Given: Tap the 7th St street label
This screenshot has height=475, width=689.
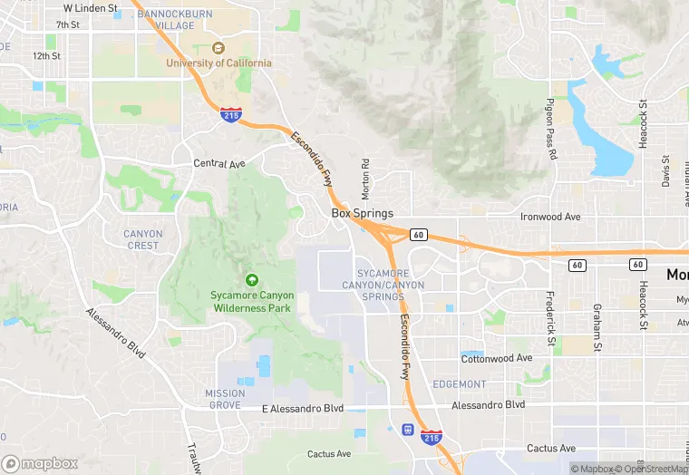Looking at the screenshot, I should [x=68, y=24].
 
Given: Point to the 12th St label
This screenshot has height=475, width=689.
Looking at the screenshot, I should [x=46, y=55].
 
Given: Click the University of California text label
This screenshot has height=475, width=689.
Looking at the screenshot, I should [x=218, y=63].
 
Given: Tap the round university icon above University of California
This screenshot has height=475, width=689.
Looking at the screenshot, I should [x=218, y=48].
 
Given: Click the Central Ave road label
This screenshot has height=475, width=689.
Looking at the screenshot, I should [x=219, y=164].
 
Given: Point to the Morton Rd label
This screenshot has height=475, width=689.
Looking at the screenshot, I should [x=366, y=179].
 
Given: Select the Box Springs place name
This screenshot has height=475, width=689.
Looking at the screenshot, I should [x=362, y=214].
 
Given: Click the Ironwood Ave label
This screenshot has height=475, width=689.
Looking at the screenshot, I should [x=549, y=218].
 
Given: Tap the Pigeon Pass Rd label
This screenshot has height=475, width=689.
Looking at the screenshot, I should [x=551, y=130].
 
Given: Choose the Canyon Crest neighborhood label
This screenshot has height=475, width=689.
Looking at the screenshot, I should [x=142, y=239].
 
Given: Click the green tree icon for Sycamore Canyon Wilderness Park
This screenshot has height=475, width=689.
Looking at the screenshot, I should [x=251, y=279].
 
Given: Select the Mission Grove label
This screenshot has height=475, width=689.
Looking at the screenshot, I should [x=225, y=399].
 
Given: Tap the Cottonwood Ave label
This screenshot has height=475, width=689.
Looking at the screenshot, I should [x=497, y=358].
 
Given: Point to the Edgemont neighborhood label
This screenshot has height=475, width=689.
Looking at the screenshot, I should [x=460, y=384].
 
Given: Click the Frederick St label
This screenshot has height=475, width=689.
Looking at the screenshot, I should [x=550, y=318].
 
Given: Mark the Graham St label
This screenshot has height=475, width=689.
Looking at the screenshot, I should [x=597, y=326].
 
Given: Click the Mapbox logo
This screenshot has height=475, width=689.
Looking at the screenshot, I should [x=40, y=463].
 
